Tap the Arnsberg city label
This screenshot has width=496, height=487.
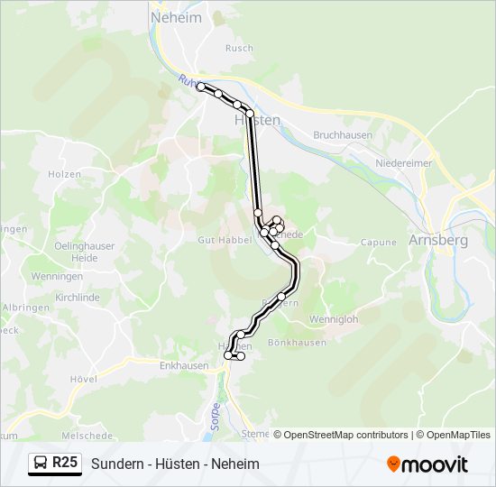[437, 241]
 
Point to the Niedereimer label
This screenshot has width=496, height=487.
[403, 164]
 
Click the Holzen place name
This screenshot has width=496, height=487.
[65, 174]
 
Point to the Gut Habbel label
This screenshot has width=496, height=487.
[219, 242]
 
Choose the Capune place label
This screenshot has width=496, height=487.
[379, 242]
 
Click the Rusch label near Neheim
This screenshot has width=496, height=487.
[239, 49]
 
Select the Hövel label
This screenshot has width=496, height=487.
[83, 380]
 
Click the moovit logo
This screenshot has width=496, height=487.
[427, 464]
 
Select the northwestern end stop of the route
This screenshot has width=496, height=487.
[200, 87]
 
